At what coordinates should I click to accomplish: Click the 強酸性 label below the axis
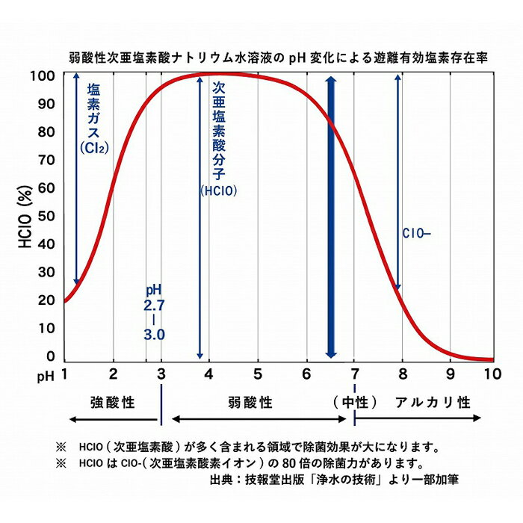tap(112, 403)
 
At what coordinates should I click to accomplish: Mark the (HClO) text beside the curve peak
tap(219, 191)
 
